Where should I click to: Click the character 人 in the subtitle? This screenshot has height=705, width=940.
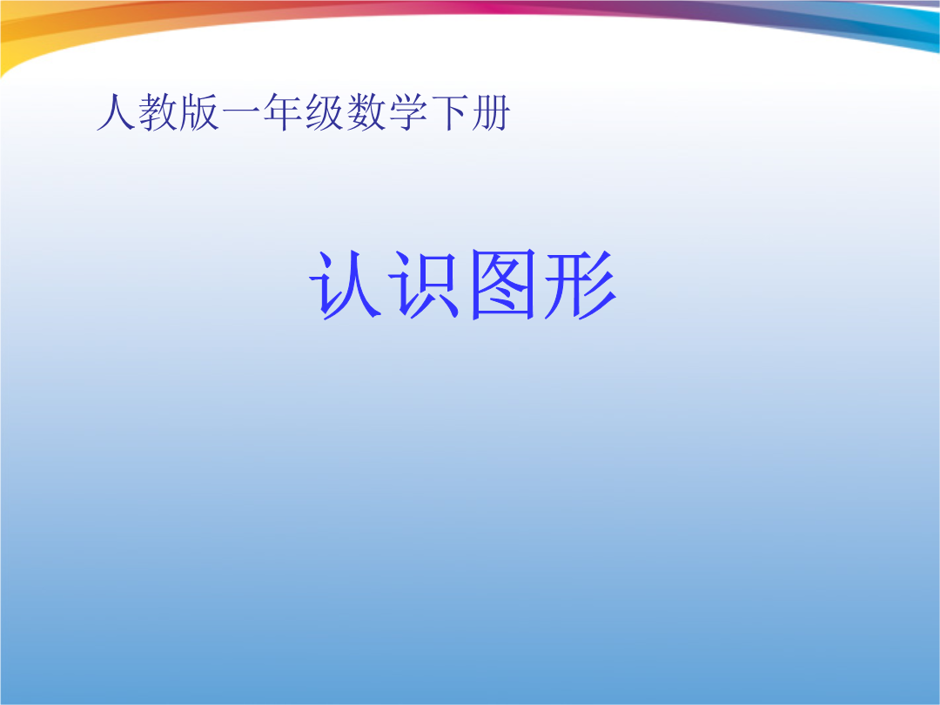click(x=117, y=112)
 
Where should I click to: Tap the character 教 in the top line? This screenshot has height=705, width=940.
click(x=158, y=112)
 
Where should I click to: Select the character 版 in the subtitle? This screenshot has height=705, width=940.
click(x=199, y=112)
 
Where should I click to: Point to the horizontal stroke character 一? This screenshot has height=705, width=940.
click(x=241, y=111)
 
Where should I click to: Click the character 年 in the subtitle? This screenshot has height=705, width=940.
click(x=283, y=112)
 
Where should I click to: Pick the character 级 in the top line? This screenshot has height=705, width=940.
click(x=325, y=112)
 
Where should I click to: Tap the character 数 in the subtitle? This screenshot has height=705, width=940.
click(x=366, y=112)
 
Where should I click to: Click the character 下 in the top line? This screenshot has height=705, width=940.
click(x=450, y=112)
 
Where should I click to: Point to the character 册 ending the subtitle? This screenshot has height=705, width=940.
click(x=491, y=112)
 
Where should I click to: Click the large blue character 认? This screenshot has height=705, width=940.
click(x=346, y=284)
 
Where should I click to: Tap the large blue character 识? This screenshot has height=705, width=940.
click(x=424, y=284)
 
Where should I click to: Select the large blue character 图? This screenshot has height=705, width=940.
click(x=502, y=284)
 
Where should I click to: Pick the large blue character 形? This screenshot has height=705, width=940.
click(x=581, y=284)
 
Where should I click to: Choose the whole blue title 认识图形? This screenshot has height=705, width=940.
click(x=463, y=284)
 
